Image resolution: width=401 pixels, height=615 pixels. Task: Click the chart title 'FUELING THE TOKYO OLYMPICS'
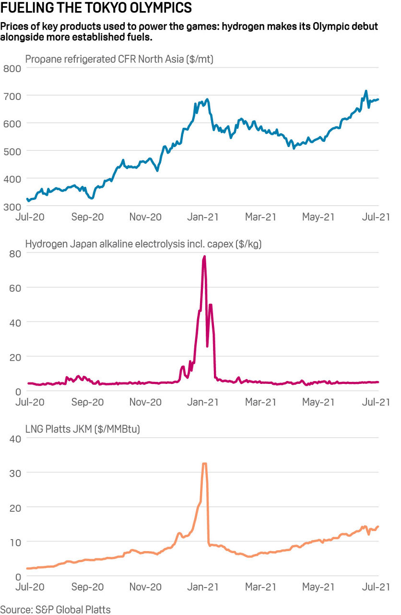tap(96, 8)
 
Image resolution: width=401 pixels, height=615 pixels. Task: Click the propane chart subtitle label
tap(119, 60)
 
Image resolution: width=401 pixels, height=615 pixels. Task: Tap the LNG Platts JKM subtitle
tap(83, 429)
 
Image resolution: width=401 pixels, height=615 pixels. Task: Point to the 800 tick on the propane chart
tap(12, 68)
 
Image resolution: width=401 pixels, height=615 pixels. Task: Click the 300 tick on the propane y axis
tap(12, 206)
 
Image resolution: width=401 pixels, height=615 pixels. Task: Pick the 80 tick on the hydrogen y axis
tap(15, 253)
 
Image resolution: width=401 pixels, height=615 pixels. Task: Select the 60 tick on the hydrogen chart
tap(15, 287)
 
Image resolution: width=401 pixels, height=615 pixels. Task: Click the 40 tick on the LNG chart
tap(15, 438)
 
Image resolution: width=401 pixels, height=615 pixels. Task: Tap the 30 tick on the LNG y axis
tap(15, 473)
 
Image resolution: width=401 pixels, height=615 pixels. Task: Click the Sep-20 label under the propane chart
tap(88, 217)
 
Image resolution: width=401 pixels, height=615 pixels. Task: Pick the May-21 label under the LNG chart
tap(318, 587)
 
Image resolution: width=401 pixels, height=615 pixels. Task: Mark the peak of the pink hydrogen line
tap(204, 257)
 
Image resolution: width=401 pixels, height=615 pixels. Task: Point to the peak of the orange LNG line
tap(204, 464)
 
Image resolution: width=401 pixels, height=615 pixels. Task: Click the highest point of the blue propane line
tap(366, 91)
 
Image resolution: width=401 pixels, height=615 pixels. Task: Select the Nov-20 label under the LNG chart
tap(145, 587)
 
